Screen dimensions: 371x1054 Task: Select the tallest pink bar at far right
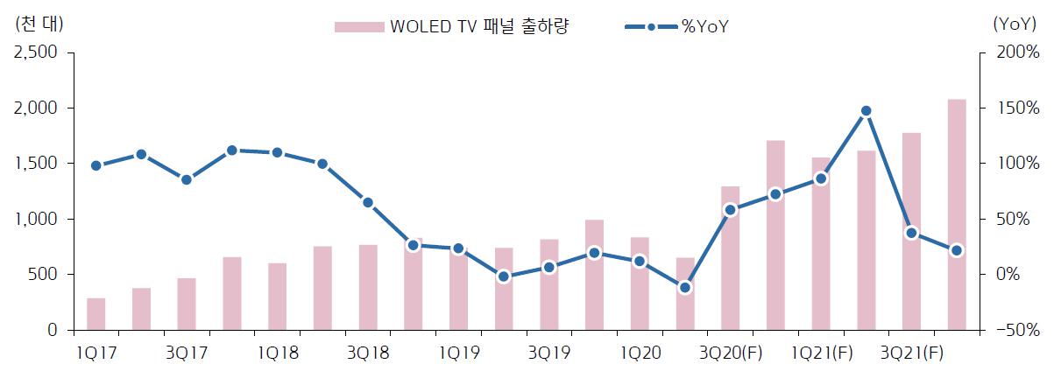(x=958, y=214)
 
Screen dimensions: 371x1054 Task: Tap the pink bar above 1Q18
(x=278, y=297)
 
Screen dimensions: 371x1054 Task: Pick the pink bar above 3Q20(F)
(x=731, y=258)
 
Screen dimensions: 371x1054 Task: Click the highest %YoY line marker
(x=867, y=111)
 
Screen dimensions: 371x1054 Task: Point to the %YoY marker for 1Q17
(x=96, y=165)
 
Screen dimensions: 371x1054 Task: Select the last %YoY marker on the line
(x=958, y=250)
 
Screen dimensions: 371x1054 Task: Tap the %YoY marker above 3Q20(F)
(x=731, y=210)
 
